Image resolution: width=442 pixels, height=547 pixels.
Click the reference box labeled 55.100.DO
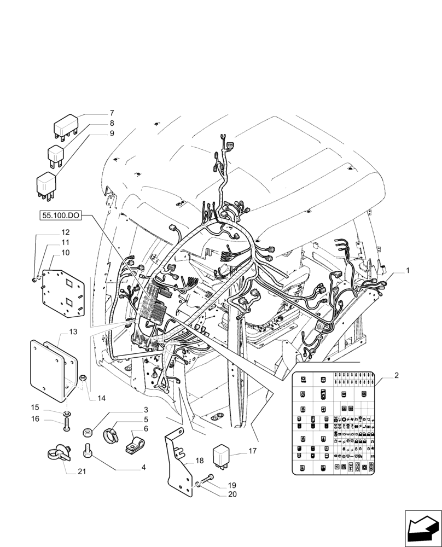click(61, 216)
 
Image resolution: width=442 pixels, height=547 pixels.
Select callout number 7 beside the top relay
click(112, 113)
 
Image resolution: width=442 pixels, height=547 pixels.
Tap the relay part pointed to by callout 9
click(46, 184)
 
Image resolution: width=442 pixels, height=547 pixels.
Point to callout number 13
click(74, 332)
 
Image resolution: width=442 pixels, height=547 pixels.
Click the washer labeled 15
click(66, 411)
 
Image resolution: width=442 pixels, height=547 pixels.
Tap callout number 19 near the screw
click(231, 485)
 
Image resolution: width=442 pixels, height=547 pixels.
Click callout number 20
click(231, 494)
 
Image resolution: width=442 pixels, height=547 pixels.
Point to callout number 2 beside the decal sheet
click(396, 376)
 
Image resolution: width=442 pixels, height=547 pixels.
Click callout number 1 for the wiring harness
click(407, 271)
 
